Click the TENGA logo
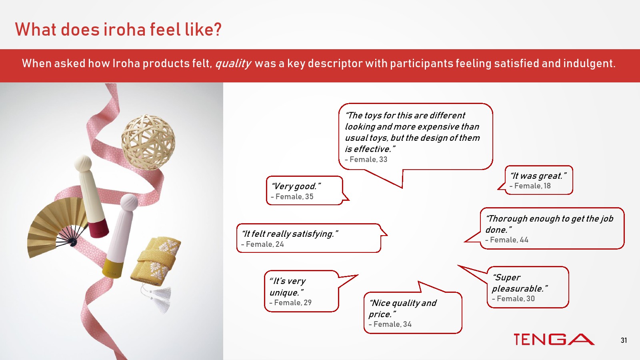click(x=554, y=340)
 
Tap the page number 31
click(x=624, y=340)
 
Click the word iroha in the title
click(x=124, y=30)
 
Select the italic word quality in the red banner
click(x=233, y=64)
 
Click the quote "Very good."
click(x=296, y=186)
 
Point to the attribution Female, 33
click(x=366, y=160)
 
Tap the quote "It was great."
click(x=538, y=176)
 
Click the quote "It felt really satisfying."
click(x=290, y=234)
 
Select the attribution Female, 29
click(x=290, y=302)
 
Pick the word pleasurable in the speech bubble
click(x=518, y=288)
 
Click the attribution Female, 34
click(x=390, y=324)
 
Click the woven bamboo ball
click(x=148, y=142)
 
